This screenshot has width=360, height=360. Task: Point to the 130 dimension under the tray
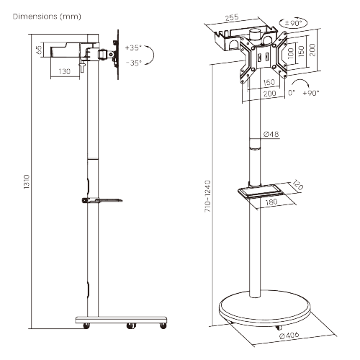coord(65,71)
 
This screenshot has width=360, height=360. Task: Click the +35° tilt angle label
coord(132,48)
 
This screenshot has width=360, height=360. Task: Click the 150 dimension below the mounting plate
coord(269,82)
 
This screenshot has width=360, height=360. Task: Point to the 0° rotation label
coord(291,93)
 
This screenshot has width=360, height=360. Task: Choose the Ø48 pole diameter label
coord(271,135)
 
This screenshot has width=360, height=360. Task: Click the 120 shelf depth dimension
coord(297,186)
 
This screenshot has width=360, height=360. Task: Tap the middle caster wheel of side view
coord(130,325)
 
